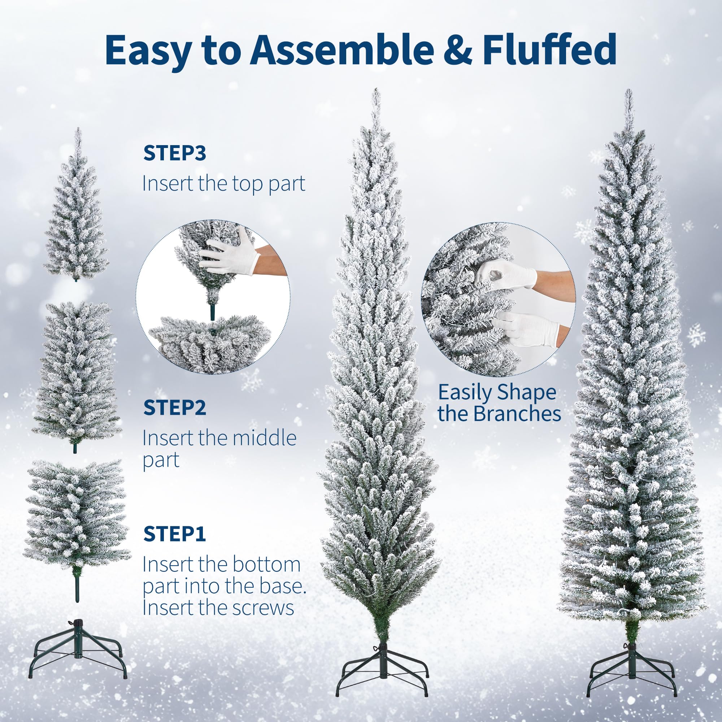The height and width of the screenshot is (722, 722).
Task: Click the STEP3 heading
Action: pyautogui.click(x=174, y=153)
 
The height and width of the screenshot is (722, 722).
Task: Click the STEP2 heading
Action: pyautogui.click(x=174, y=408)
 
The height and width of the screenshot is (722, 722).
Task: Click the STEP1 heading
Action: pyautogui.click(x=174, y=534)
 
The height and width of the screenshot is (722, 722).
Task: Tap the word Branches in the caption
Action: pyautogui.click(x=518, y=413)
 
